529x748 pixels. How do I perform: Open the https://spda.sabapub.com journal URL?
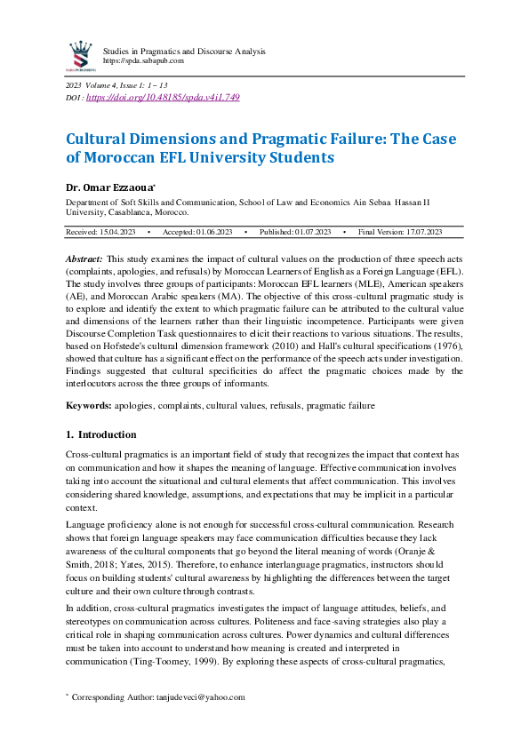(143, 60)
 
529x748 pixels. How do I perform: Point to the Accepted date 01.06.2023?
(209, 232)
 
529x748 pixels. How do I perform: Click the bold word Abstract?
(84, 258)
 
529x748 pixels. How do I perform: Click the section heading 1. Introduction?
(101, 435)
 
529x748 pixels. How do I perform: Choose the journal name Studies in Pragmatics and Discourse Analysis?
(184, 51)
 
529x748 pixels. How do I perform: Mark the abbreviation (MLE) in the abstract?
(339, 284)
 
